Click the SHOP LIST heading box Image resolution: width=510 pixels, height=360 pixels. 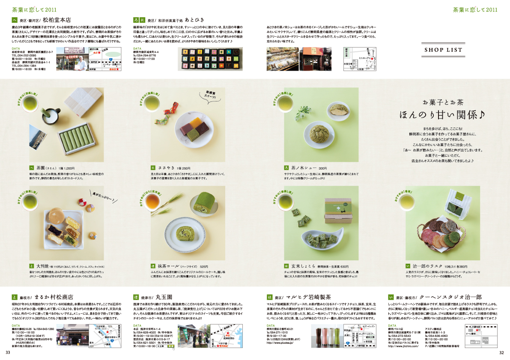pos(443,50)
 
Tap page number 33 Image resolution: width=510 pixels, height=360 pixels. pos(7,352)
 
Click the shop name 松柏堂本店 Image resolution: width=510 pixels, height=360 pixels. pos(57,20)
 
